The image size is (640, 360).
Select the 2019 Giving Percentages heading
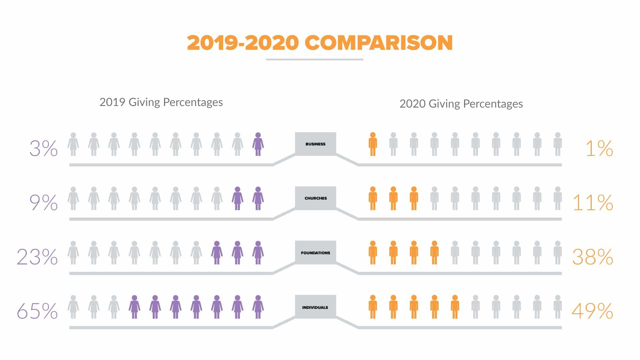pos(161,102)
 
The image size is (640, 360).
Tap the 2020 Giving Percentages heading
pos(461,104)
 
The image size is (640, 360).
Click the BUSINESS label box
pos(315,144)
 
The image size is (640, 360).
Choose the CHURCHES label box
pos(315,198)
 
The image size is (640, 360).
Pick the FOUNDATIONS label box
pos(315,253)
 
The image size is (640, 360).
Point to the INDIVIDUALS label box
pos(315,307)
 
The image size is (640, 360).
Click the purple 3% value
pos(43,148)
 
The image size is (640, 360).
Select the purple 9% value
pos(43,203)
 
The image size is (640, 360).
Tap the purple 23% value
pos(37,257)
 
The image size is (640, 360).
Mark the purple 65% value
pos(37,311)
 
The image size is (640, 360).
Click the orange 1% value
pos(599,148)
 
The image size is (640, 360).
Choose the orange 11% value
pos(593,203)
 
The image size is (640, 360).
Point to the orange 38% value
pos(593,257)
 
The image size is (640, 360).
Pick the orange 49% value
pos(592,311)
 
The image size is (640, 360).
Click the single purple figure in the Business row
pos(258,144)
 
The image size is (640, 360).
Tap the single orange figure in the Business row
pos(373,144)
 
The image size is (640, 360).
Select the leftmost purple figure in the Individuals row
pos(134,307)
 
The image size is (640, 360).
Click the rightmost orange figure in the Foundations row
pos(434,253)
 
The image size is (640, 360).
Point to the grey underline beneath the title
pos(314,60)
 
